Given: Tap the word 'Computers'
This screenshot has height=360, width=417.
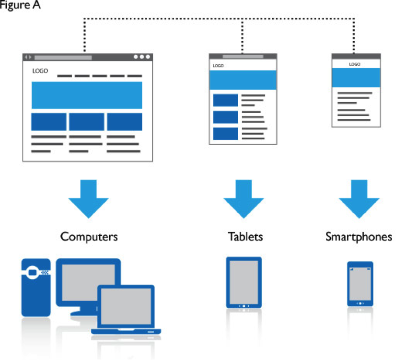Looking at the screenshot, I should click(89, 236).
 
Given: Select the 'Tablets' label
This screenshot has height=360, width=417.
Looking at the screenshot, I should click(245, 236).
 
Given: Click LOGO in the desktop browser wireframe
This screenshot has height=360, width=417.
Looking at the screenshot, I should click(40, 71).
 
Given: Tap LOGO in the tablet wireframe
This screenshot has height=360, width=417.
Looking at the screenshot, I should click(218, 66).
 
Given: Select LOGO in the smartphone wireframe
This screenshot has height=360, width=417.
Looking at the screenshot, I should click(355, 64).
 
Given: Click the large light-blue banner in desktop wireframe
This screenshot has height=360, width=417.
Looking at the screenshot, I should click(87, 95).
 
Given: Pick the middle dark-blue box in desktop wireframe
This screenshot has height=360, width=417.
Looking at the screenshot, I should click(86, 122).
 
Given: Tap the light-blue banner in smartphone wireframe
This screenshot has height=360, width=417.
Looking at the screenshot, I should click(356, 77).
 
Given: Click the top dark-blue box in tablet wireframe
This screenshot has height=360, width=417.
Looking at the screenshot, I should click(225, 100).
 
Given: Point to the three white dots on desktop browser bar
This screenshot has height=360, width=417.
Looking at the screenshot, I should click(142, 57).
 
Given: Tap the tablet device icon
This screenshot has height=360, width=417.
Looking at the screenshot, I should click(243, 282).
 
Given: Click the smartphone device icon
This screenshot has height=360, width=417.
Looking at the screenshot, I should click(360, 284).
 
